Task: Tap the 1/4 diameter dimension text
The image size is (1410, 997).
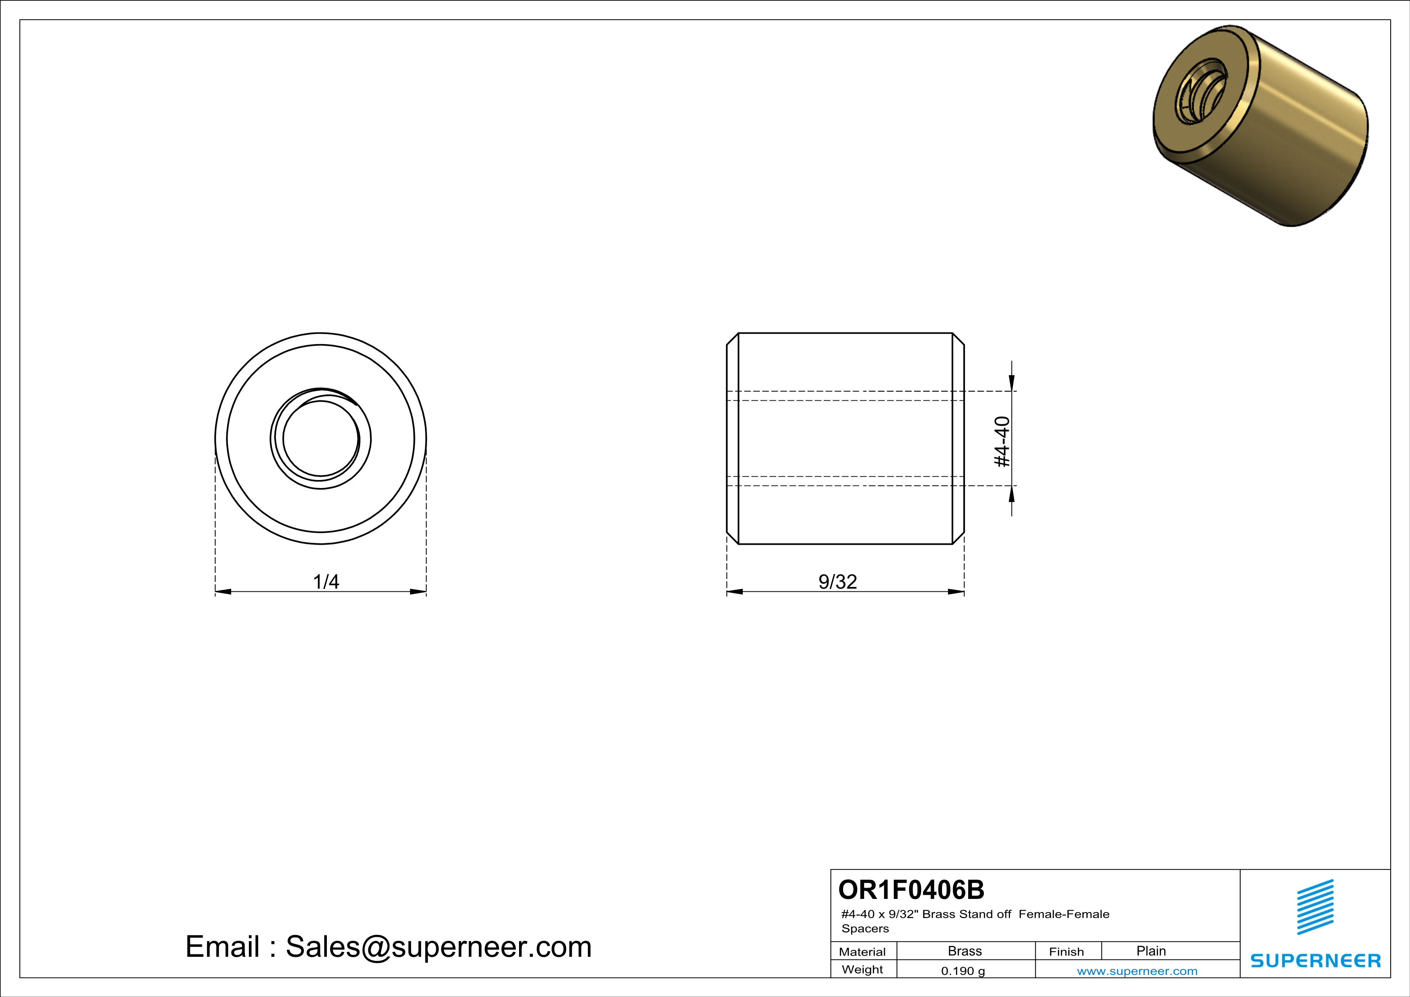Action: [x=326, y=581]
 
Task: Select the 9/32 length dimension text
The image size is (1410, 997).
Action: [x=837, y=581]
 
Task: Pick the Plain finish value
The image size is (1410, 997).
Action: [x=1151, y=951]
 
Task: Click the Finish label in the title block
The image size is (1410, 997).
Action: [x=1066, y=952]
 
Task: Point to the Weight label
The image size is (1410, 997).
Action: [x=862, y=969]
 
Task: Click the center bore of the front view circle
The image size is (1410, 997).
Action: [x=320, y=438]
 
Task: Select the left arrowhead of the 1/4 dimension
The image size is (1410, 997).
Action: [x=223, y=592]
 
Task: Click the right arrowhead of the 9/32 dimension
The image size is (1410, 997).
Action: [x=956, y=592]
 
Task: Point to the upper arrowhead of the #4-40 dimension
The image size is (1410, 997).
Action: [x=1012, y=383]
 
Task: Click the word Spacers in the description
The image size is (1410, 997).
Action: [x=865, y=928]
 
